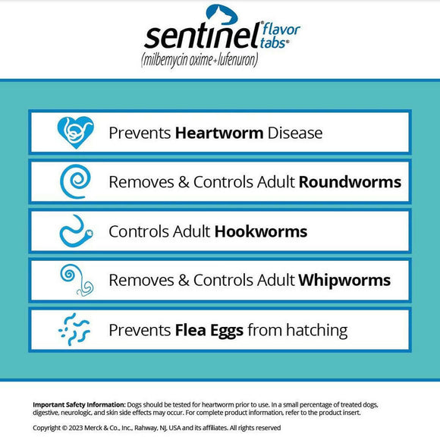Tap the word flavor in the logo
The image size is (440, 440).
coord(282,30)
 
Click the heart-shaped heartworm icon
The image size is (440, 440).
coord(76,133)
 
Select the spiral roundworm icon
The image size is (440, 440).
coord(76,182)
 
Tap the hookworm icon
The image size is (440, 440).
coord(76,231)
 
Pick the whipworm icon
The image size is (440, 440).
coord(76,281)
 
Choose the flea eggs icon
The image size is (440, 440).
coord(76,330)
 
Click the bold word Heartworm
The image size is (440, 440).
coord(219,133)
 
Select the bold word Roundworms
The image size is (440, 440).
coord(350,182)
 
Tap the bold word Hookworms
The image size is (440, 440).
coord(261,231)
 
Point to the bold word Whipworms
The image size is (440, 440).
coord(344,281)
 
